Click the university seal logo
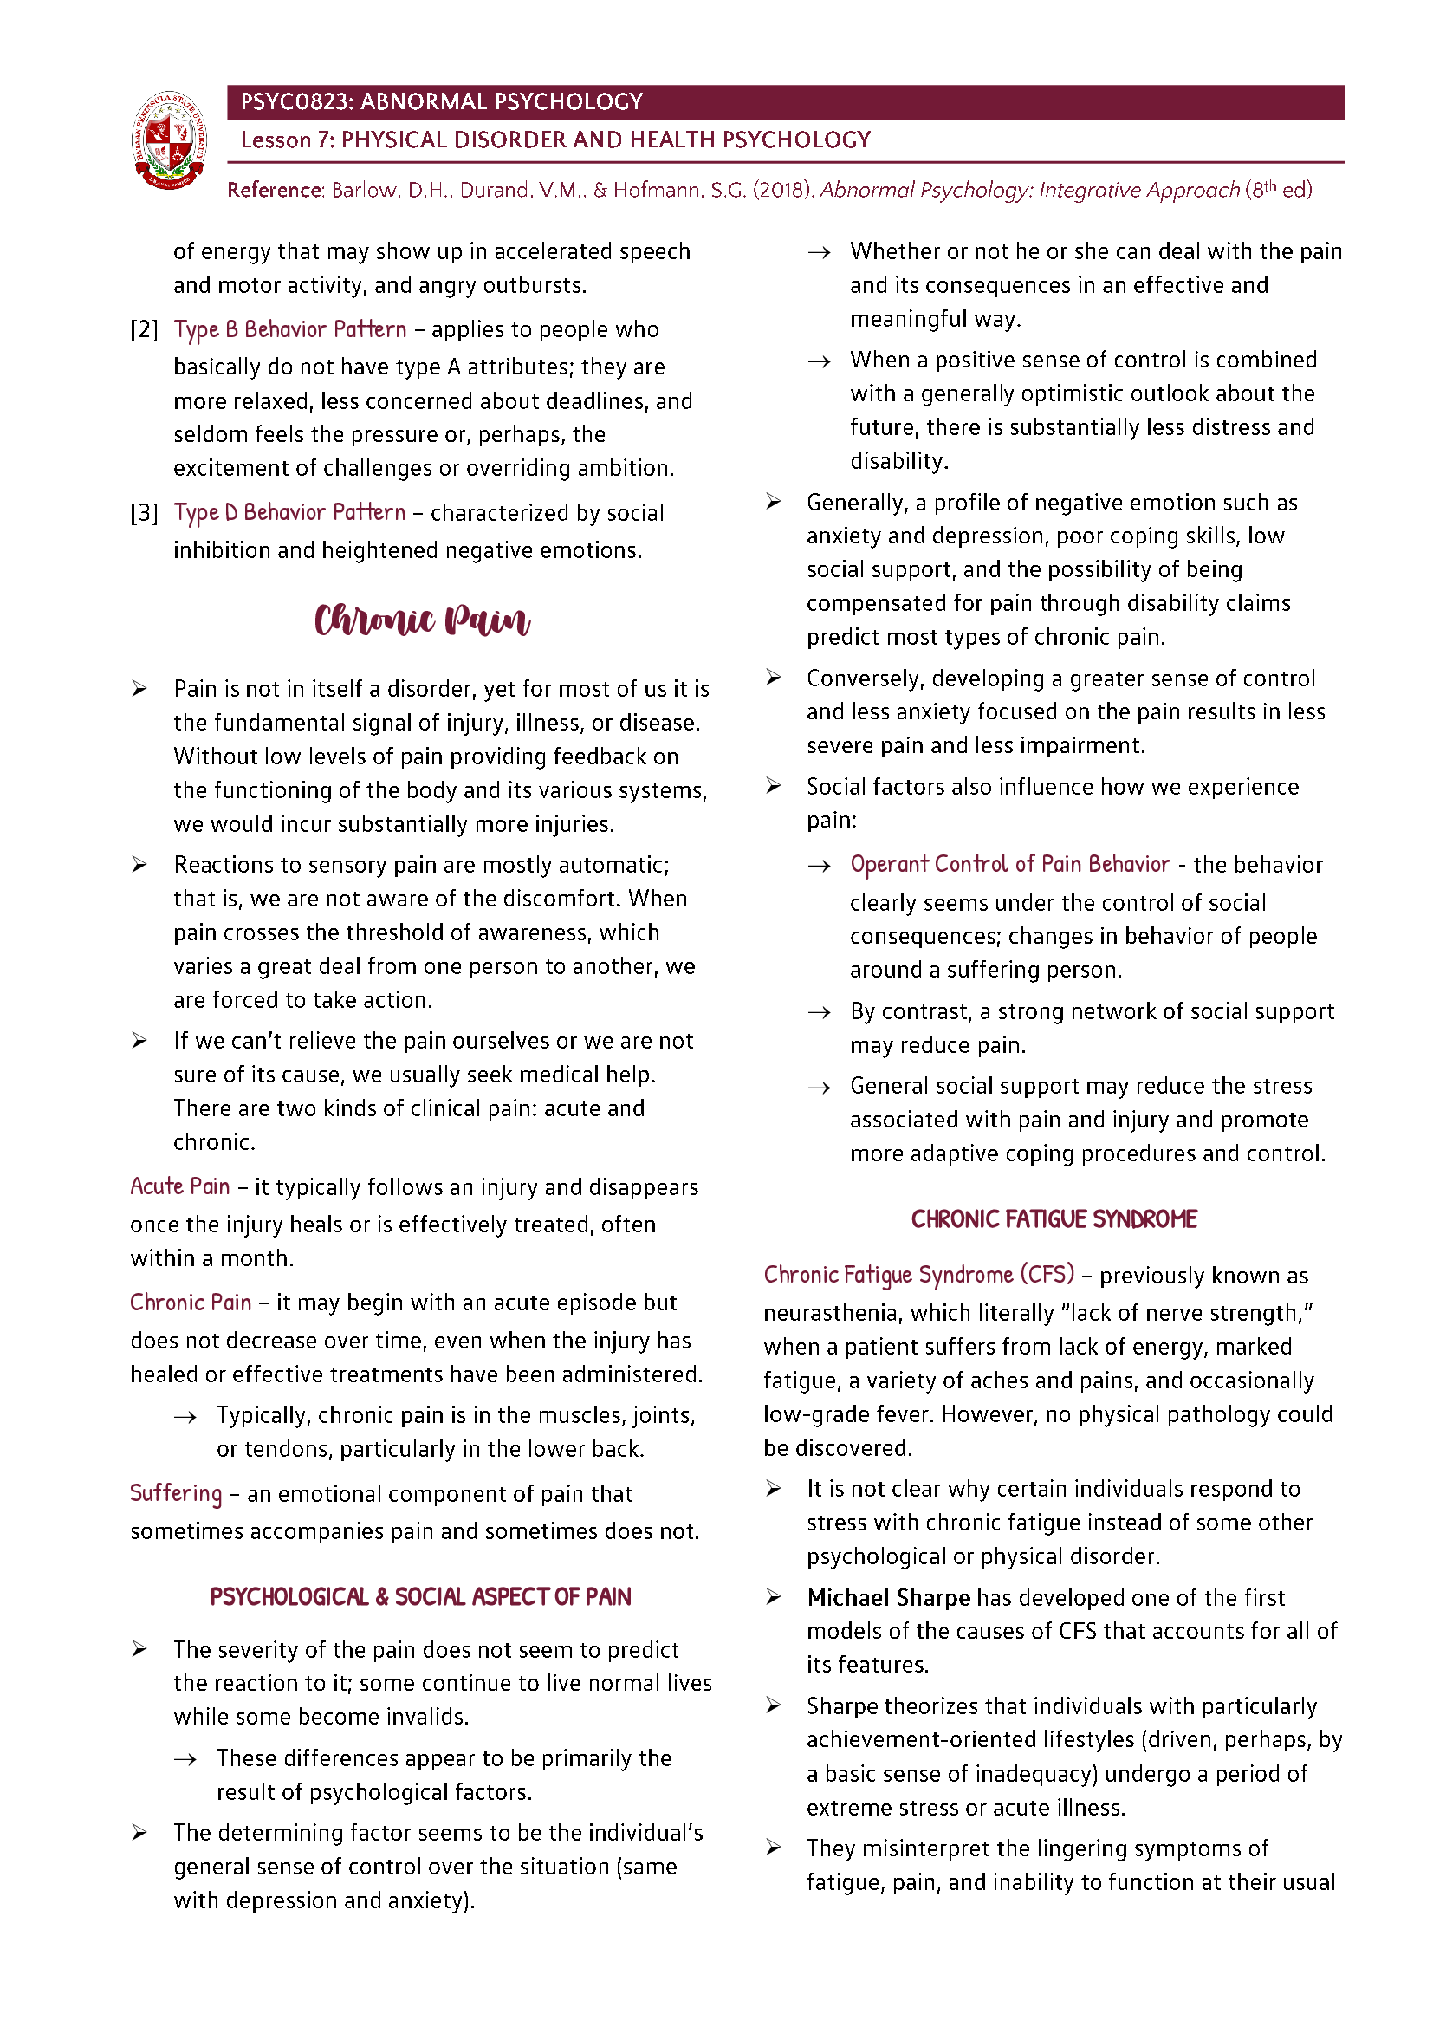coord(170,140)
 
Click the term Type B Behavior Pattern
coord(290,329)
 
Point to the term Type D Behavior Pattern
coord(289,513)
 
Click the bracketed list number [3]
coord(145,513)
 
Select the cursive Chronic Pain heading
coord(422,620)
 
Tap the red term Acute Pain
coord(180,1186)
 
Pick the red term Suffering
coord(176,1493)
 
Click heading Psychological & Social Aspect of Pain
coord(420,1596)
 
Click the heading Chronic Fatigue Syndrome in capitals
coord(1054,1219)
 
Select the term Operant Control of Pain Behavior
coord(1009,864)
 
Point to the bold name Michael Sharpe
coord(888,1597)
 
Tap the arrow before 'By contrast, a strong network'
coord(820,1012)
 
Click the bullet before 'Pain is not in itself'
coord(139,689)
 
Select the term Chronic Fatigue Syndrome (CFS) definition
coord(918,1275)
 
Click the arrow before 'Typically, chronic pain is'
coord(185,1417)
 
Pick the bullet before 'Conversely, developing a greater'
coord(773,677)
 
